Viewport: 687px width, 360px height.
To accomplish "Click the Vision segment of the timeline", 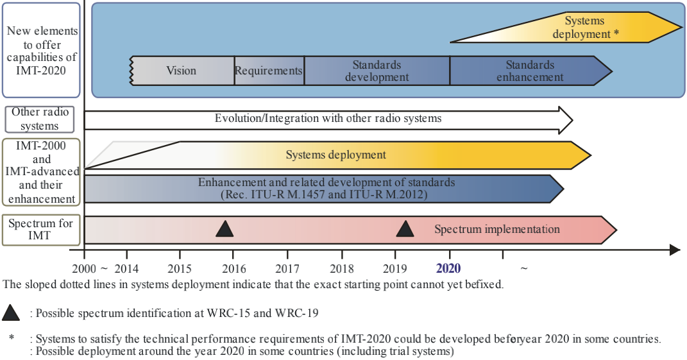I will point(182,71).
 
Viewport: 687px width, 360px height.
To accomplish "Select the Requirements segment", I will point(269,71).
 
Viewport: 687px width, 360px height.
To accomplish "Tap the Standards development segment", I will point(377,71).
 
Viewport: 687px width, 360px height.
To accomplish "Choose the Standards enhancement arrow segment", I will point(530,71).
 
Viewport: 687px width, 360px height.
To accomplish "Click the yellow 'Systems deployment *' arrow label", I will point(585,28).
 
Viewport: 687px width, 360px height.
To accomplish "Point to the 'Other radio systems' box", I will point(39,119).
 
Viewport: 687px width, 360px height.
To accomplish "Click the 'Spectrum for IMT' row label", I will point(40,230).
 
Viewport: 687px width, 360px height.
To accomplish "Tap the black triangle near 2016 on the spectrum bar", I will point(225,229).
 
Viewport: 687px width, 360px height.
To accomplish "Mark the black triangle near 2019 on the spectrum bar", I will point(405,229).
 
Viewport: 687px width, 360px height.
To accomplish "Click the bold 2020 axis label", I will point(448,268).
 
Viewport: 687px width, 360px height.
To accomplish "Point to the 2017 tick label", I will point(288,268).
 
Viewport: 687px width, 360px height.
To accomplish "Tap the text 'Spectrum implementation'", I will point(497,229).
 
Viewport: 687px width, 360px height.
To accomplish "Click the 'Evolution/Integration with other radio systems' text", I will point(328,119).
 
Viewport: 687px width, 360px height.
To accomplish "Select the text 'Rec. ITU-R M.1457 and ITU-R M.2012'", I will point(323,194).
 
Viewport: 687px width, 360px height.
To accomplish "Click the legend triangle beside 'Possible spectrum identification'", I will point(11,313).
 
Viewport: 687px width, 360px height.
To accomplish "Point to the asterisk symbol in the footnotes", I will point(12,337).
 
